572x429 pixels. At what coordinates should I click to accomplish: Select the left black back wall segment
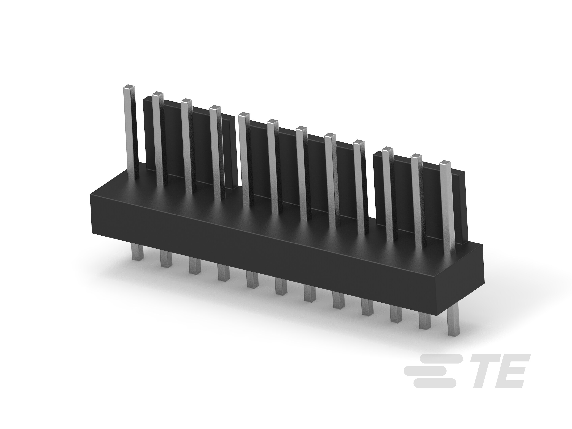[191, 140]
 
